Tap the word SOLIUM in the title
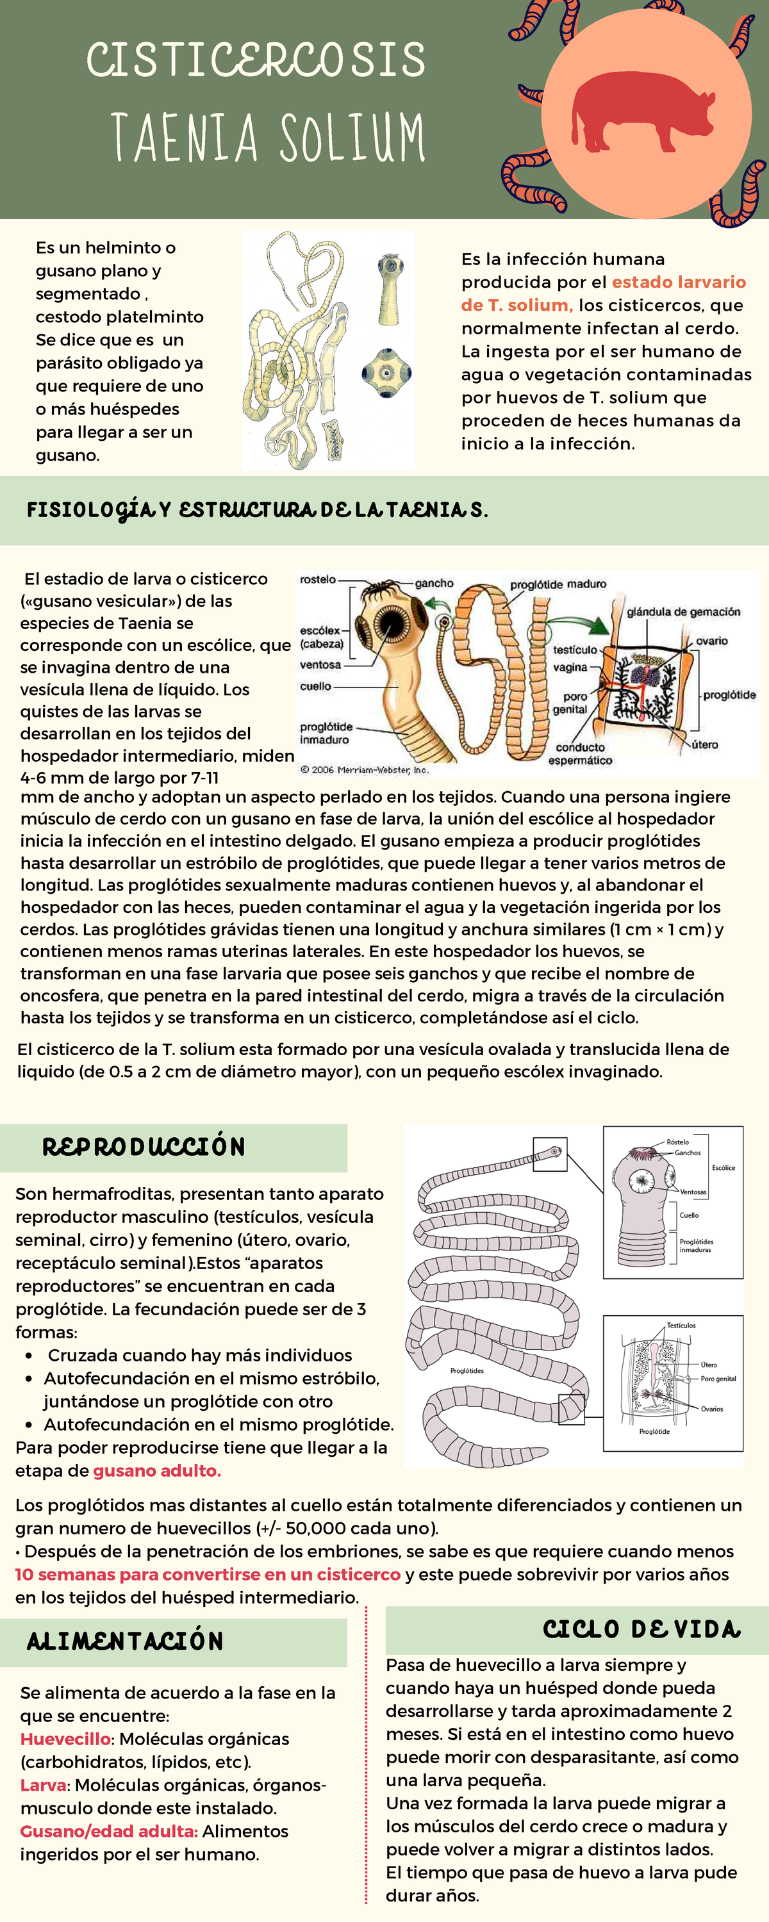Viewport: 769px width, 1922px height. [352, 137]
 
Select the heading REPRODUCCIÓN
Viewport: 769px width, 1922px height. [144, 1147]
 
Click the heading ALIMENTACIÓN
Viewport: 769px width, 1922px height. [126, 1641]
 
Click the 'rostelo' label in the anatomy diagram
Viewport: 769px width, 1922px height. [317, 579]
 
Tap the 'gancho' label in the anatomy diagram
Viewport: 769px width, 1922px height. [434, 583]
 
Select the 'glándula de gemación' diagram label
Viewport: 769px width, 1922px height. [683, 612]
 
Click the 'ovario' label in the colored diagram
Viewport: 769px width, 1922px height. [711, 641]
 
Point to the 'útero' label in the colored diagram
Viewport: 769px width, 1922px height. [704, 744]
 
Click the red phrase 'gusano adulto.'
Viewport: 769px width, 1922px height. [157, 1470]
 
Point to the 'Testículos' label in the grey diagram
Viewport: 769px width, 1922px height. [681, 1326]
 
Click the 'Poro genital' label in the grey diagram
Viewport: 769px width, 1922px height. [718, 1379]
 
